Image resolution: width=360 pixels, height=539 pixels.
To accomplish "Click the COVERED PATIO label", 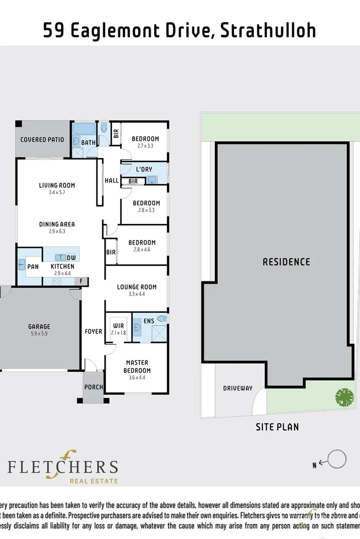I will tap(42, 139).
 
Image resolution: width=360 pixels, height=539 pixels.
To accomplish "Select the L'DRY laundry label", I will tap(144, 169).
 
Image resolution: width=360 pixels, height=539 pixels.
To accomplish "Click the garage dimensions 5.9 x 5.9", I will tap(39, 333).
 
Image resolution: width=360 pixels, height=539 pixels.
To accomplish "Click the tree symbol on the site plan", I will tap(344, 397).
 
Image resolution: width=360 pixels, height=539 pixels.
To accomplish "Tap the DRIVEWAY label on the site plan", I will tap(238, 388).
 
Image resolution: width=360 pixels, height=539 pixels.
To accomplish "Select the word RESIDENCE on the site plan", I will tap(286, 262).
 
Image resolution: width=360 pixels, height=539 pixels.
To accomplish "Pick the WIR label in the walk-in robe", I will tap(119, 325).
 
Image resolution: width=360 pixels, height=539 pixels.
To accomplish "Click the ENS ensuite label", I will tap(149, 321).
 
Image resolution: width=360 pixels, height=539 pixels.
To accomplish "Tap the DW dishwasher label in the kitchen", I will tap(71, 257).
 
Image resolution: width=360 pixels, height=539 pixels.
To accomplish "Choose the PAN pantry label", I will tap(33, 266).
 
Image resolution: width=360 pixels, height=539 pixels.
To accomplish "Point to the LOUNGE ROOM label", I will tap(137, 287).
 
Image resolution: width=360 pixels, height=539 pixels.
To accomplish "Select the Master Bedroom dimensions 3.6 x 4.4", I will tap(137, 377).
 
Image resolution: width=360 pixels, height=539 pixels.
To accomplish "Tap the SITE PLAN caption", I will tap(277, 427).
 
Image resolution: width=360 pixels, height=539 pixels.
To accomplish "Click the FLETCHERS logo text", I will tap(63, 465).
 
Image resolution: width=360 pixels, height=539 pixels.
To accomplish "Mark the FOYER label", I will tap(93, 332).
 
